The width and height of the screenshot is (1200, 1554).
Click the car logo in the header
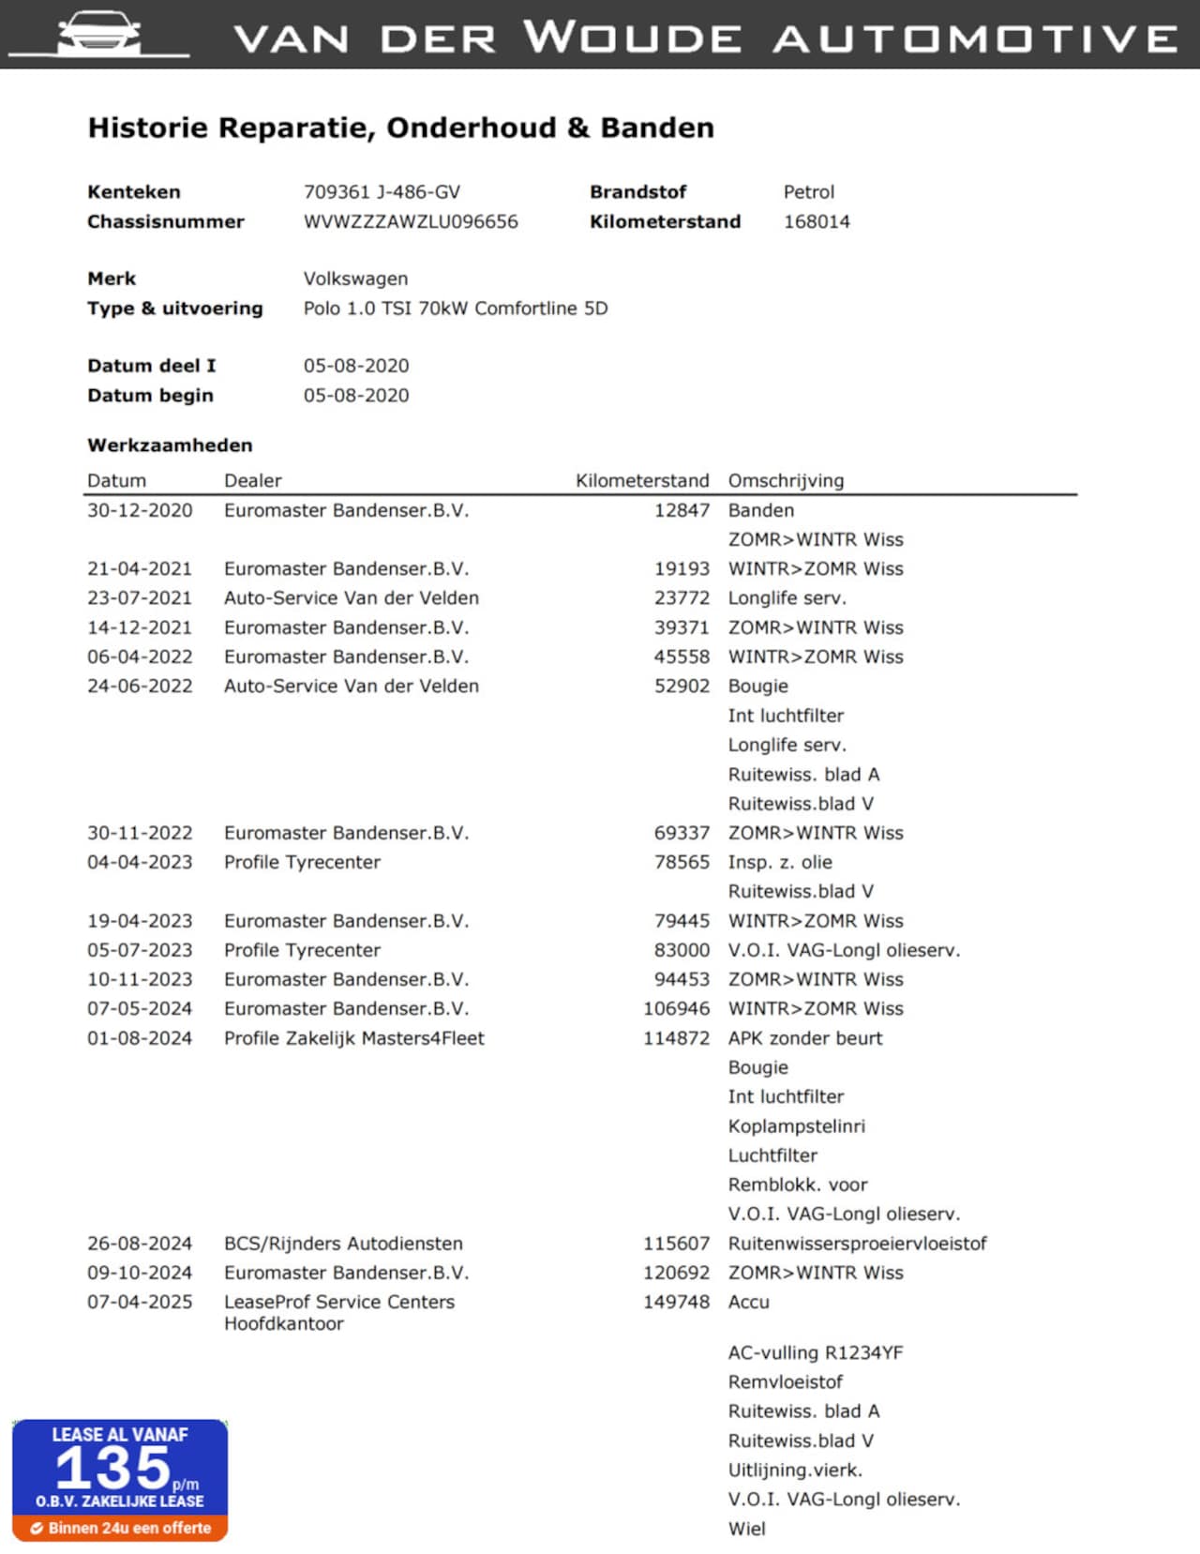pos(98,35)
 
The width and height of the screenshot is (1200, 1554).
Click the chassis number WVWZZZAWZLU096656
pos(411,222)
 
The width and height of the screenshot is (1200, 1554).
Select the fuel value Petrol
pos(808,192)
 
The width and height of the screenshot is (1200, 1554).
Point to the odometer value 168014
pos(817,222)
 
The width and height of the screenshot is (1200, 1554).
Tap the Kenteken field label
pos(134,192)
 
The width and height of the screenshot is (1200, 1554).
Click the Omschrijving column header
pos(786,481)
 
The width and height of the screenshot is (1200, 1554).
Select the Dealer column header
pos(252,481)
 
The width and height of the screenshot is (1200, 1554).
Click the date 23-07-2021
pos(140,598)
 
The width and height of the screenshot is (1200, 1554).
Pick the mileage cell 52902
pos(682,686)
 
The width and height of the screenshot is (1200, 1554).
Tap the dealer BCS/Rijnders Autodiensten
pos(343,1244)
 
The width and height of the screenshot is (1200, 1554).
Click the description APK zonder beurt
pos(805,1038)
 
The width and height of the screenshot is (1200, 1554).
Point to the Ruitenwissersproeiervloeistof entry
pos(857,1244)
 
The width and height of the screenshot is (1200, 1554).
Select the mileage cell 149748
pos(676,1302)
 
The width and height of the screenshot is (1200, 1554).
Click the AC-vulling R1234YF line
pos(816,1352)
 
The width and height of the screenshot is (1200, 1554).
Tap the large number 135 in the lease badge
pos(113,1468)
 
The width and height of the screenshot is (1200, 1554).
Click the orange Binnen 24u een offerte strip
pos(120,1528)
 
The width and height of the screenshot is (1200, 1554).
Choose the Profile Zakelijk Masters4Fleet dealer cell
pos(353,1038)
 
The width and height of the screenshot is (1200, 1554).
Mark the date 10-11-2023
pos(140,979)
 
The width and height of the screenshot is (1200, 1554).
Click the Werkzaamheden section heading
pos(170,445)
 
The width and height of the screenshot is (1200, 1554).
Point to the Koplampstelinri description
pos(796,1126)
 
